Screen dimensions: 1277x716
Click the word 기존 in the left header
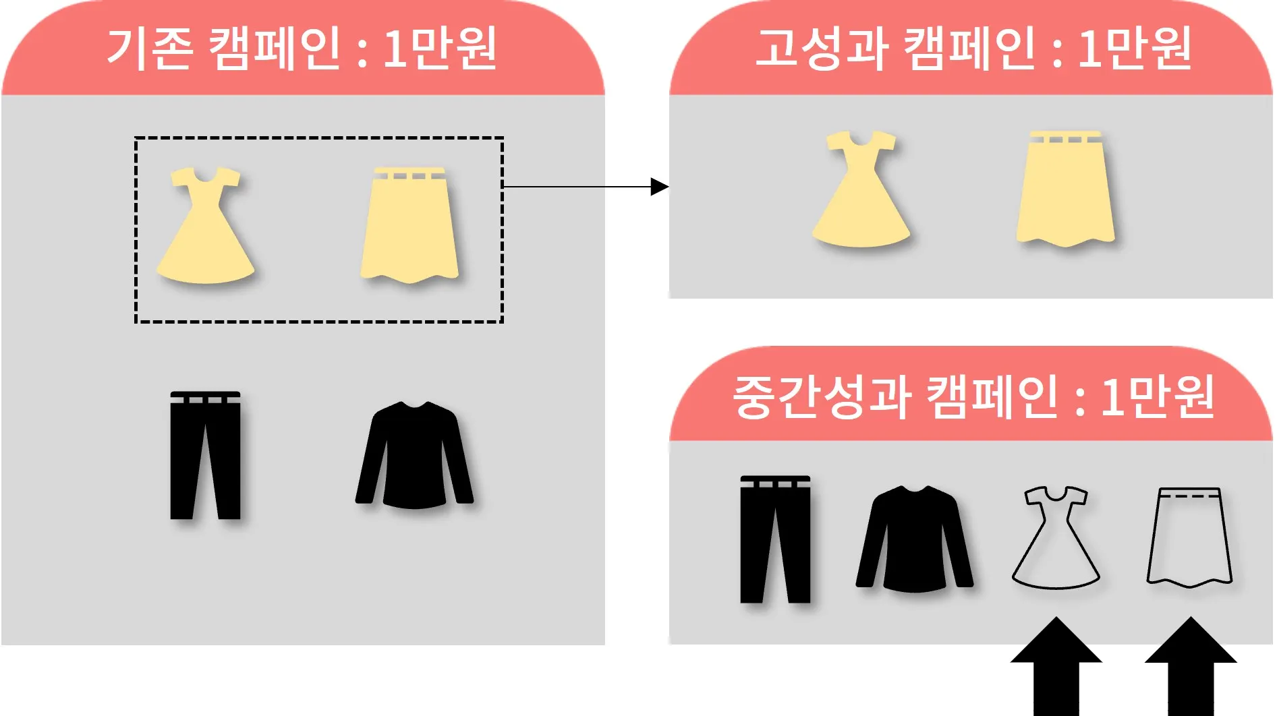pyautogui.click(x=150, y=48)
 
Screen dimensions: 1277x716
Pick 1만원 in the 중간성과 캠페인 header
pyautogui.click(x=1158, y=396)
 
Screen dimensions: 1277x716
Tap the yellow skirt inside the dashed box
pyautogui.click(x=409, y=225)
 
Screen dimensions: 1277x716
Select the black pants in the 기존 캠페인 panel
pyautogui.click(x=205, y=456)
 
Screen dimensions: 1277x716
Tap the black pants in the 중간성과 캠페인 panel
pyautogui.click(x=774, y=539)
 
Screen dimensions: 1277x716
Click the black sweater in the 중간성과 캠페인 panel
pyautogui.click(x=914, y=539)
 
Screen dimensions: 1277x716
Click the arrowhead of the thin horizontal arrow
pyautogui.click(x=659, y=186)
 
